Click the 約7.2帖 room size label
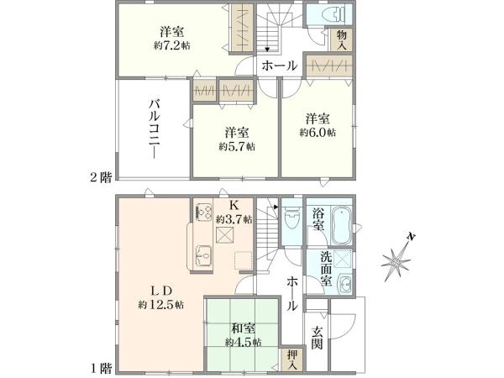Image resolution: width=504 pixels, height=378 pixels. click(171, 45)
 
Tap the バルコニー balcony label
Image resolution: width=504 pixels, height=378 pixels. click(155, 130)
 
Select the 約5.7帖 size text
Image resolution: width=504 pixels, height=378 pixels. click(237, 146)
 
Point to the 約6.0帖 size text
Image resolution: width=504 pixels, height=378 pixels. click(318, 133)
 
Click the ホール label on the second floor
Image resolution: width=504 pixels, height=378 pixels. click(278, 66)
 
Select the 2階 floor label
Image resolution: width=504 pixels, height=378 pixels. click(101, 176)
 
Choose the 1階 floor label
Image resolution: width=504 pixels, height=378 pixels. click(101, 368)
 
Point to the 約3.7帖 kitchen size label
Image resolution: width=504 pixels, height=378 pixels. click(231, 219)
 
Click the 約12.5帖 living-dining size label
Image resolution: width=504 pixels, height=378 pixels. click(161, 303)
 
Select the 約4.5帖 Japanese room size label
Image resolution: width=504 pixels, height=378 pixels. click(243, 342)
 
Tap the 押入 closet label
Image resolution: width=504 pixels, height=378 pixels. click(291, 359)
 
